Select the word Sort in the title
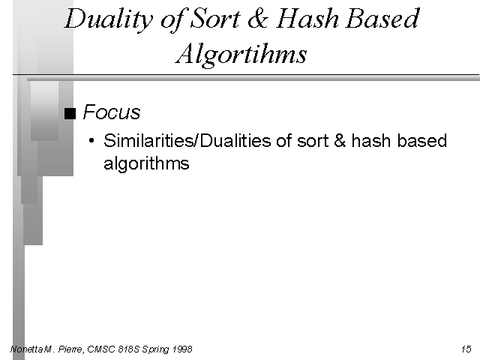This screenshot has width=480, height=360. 215,19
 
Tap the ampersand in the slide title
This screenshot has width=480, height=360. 258,19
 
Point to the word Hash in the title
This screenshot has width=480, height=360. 307,19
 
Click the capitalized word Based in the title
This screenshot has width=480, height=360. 382,19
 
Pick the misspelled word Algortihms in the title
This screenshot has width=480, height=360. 241,54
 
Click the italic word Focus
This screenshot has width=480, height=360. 112,112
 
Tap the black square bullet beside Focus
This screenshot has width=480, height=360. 70,113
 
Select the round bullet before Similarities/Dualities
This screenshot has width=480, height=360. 91,141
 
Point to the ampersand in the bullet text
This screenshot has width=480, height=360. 340,141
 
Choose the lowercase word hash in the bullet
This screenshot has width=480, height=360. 371,141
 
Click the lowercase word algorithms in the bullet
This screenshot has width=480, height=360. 147,163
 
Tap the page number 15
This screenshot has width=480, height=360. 466,349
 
